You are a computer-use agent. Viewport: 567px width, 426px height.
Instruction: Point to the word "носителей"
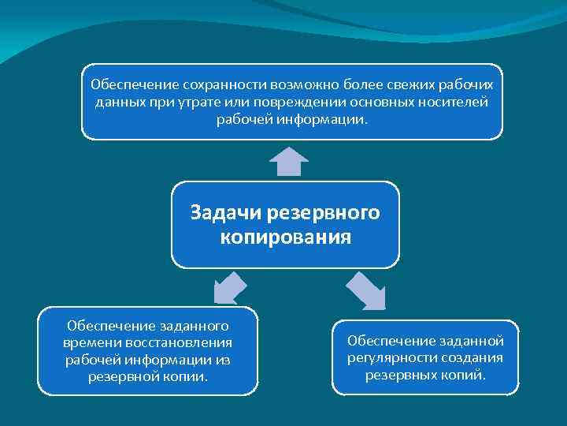tap(458, 103)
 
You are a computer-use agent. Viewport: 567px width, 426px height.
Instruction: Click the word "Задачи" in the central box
tap(226, 213)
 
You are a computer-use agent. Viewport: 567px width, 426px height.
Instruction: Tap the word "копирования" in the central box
tap(286, 237)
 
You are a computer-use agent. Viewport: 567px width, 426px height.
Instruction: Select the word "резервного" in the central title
tap(324, 213)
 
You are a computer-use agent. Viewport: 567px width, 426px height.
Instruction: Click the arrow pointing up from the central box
tap(287, 161)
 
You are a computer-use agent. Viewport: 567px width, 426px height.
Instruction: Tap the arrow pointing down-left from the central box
tap(230, 287)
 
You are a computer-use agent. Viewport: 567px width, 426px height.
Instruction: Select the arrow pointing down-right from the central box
tap(365, 290)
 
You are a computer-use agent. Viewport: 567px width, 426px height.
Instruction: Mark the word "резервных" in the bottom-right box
tap(398, 375)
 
